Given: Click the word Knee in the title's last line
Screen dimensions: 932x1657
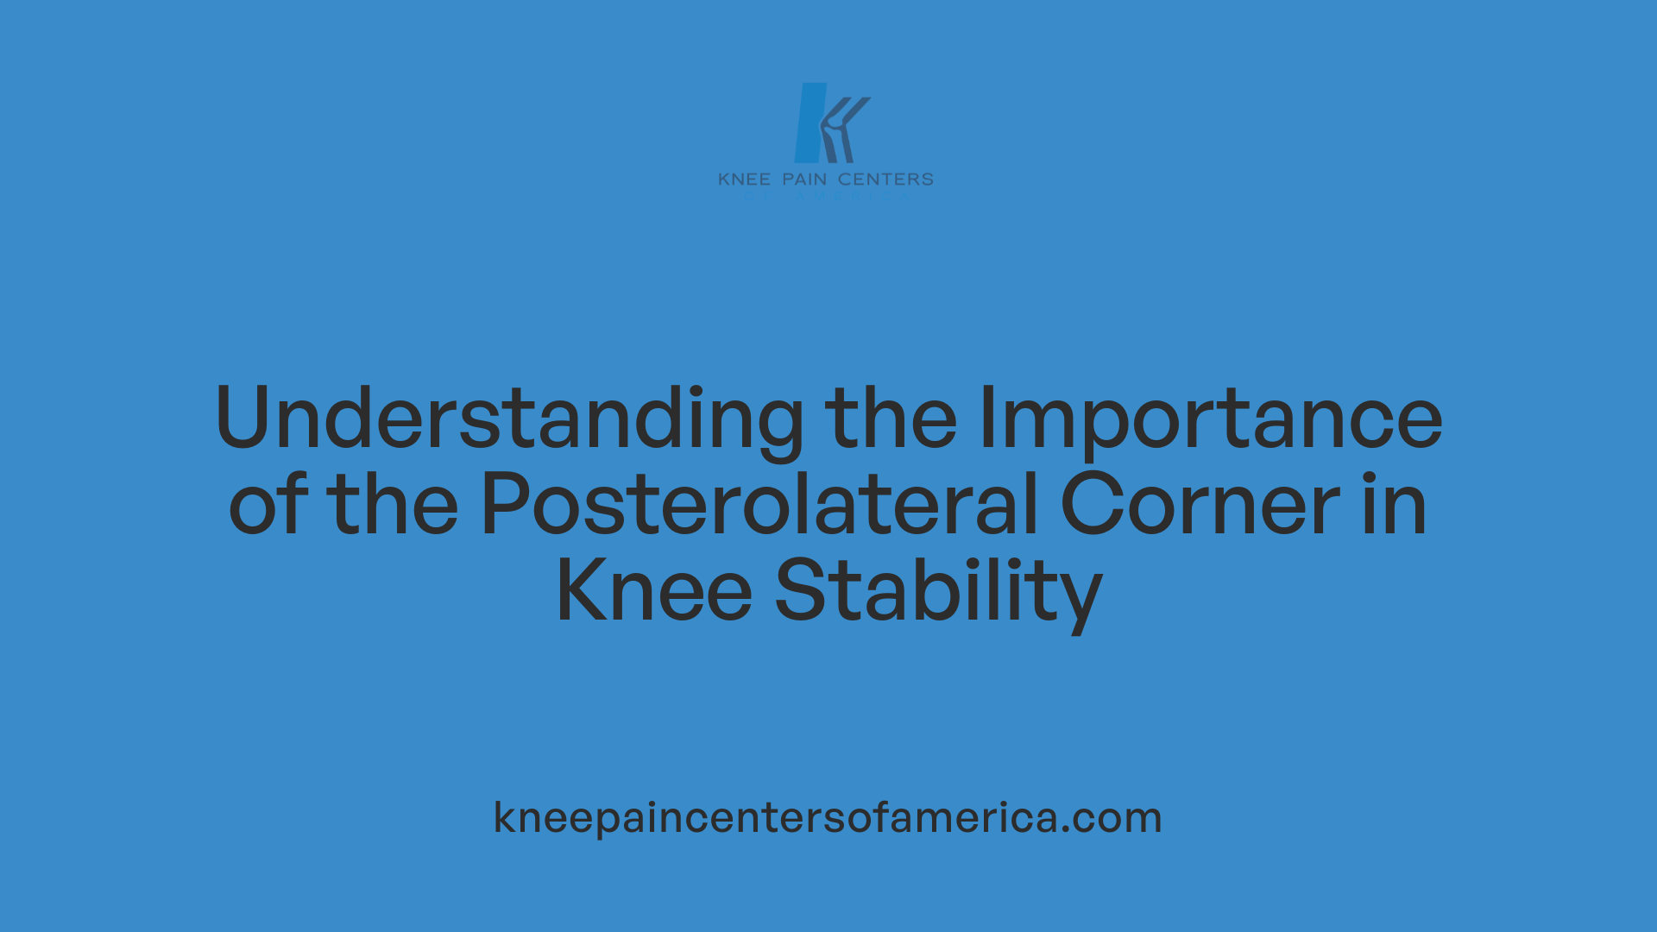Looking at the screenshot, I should pos(654,592).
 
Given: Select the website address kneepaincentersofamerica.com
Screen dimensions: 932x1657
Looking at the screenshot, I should pos(828,818).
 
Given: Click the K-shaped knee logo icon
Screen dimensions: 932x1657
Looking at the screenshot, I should pos(829,123).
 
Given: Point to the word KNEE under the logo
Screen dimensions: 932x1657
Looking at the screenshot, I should pos(744,179).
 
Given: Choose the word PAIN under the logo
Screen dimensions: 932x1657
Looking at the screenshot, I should pos(804,179).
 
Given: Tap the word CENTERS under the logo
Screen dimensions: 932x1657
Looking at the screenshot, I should pos(885,179).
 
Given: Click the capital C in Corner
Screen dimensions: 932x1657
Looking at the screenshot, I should pos(1089,506).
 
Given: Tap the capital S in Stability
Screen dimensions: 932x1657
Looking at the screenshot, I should pos(799,592).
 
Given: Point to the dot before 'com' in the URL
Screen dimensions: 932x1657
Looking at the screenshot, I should pos(1066,831).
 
